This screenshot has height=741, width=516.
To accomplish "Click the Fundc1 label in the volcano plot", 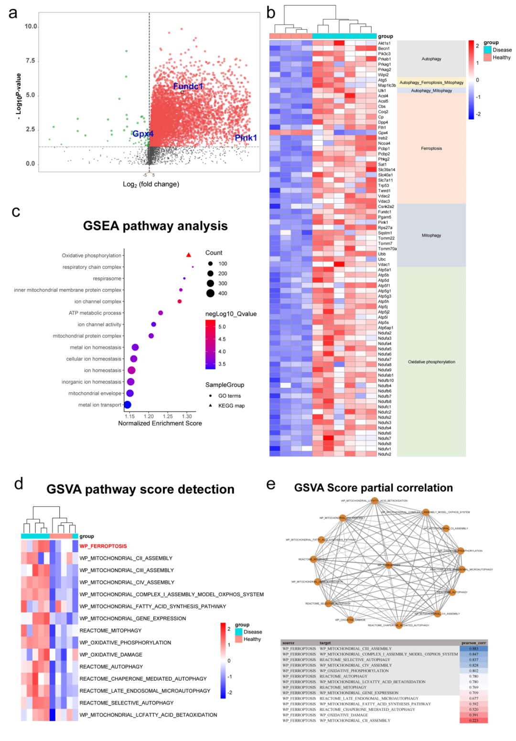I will (x=188, y=86).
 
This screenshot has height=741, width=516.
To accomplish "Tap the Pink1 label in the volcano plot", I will (x=246, y=138).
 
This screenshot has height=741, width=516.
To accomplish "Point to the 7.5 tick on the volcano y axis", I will (x=30, y=61).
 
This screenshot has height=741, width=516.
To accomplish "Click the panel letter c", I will (x=16, y=211).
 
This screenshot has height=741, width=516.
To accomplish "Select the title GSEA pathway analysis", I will (x=155, y=226).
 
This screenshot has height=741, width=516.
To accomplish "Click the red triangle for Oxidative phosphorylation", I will (x=189, y=255).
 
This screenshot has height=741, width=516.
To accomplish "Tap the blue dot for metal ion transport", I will (x=128, y=405).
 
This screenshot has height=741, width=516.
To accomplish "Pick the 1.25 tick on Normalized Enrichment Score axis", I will (x=168, y=416).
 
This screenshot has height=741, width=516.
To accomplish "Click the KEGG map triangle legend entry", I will (x=210, y=406).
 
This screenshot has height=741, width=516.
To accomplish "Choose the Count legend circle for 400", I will (x=210, y=293).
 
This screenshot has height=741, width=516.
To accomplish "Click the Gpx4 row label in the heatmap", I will (x=383, y=133).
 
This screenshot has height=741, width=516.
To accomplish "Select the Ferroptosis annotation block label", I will (x=431, y=148).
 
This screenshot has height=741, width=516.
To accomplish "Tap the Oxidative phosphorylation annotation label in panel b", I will (x=431, y=362).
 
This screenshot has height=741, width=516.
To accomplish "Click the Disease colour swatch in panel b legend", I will (x=487, y=50).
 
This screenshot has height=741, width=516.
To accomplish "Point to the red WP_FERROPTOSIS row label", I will (x=103, y=546).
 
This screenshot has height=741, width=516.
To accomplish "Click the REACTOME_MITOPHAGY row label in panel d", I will (x=110, y=631).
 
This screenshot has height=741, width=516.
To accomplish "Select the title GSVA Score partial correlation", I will (x=373, y=488).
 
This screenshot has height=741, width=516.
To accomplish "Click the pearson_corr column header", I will (x=473, y=643).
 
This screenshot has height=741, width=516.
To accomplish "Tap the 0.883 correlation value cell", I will (x=473, y=649).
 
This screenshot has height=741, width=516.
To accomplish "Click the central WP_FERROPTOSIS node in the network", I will (x=389, y=565).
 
